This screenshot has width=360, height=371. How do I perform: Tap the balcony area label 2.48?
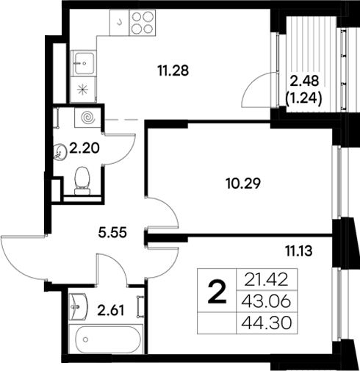coord(305,81)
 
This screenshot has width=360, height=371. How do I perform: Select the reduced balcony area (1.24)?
coord(305,95)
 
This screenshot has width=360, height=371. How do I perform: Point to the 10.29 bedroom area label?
coord(242,181)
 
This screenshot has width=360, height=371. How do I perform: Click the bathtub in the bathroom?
coord(107,341)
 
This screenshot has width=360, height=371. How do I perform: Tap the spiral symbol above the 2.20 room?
coord(88,117)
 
